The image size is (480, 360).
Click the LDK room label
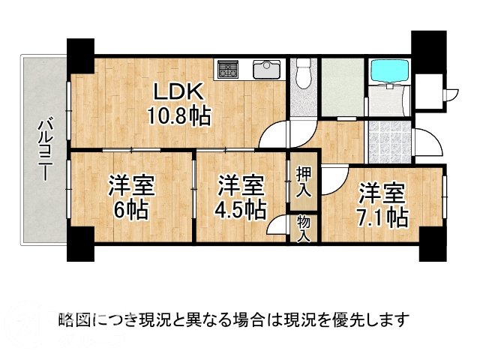click(178, 91)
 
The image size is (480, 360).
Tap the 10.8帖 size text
click(178, 115)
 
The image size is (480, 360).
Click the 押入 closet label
click(304, 183)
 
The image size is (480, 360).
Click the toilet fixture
click(303, 75)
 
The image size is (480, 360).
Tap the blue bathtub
click(388, 71)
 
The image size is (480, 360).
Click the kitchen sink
click(266, 70)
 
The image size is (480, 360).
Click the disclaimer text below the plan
click(232, 320)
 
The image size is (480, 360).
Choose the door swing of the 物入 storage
click(280, 226)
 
